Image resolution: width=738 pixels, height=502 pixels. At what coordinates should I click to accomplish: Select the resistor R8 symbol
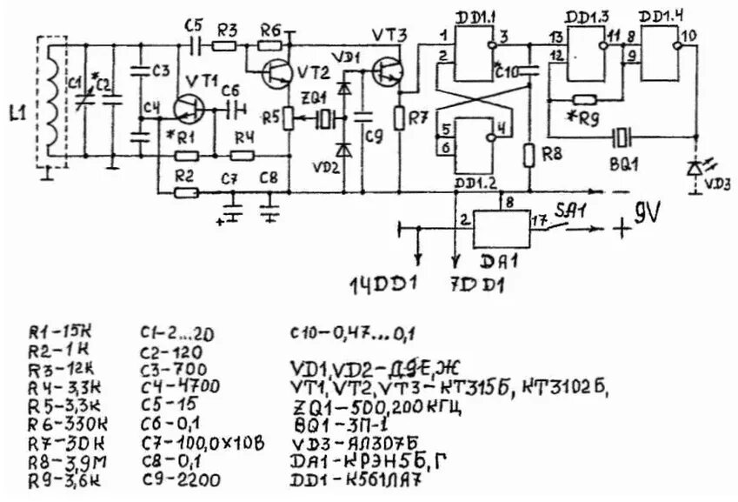[529, 157]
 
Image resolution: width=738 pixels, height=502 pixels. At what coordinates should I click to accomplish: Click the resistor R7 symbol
[400, 116]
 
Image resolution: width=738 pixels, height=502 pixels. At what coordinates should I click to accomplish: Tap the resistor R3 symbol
[225, 45]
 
